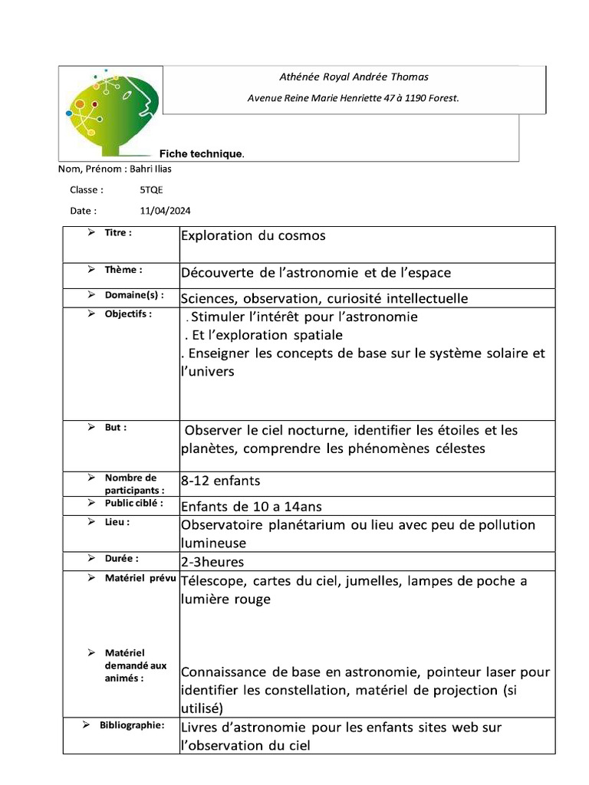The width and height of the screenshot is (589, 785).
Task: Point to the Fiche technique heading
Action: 202,154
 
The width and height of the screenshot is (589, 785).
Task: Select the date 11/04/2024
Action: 165,211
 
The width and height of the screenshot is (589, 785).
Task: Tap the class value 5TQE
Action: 151,190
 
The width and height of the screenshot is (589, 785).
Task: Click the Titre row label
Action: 118,232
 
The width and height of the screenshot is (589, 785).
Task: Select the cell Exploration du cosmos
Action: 253,236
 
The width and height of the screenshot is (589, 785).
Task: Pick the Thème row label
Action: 123,270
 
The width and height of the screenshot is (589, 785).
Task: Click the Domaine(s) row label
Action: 134,294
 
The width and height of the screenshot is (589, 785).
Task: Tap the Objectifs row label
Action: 128,314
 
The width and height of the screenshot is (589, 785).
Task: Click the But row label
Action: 116,427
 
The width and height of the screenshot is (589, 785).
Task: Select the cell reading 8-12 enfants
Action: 221,481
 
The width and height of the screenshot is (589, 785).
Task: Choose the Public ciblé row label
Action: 134,503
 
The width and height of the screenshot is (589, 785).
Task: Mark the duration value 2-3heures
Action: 212,562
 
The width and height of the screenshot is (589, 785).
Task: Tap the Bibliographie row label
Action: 132,724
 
